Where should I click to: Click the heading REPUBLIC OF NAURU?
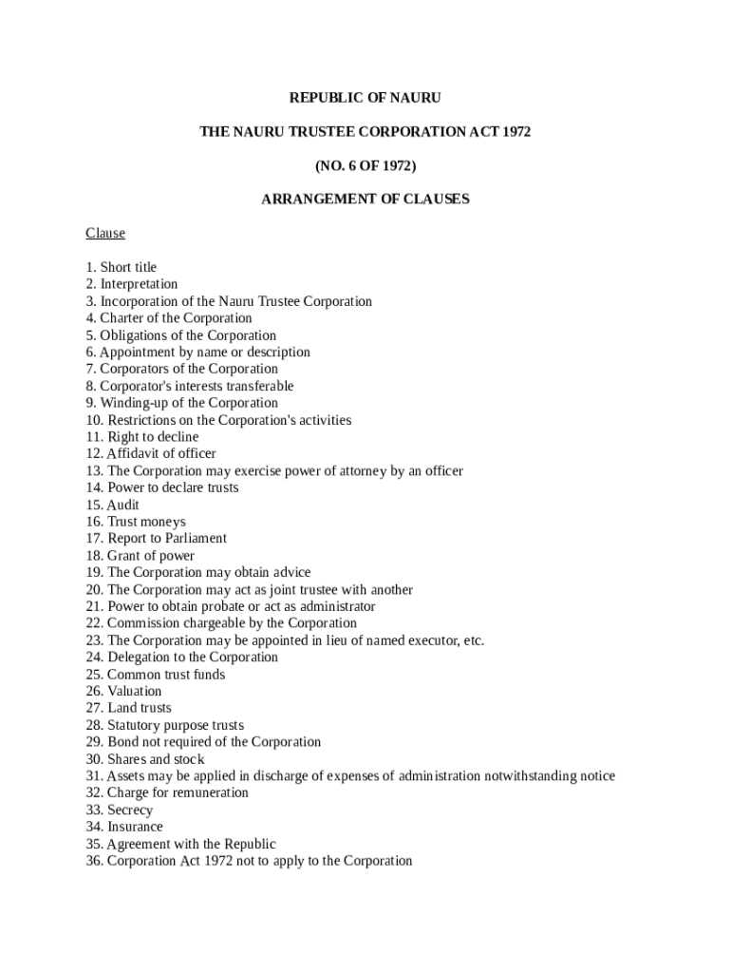click(x=365, y=98)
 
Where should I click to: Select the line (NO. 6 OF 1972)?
click(x=365, y=165)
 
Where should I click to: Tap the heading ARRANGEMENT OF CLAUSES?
click(x=365, y=200)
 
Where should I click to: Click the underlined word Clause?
click(x=105, y=233)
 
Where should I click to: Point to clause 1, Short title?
click(x=122, y=267)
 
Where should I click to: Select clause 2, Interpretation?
click(x=132, y=284)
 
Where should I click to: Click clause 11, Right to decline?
click(x=142, y=437)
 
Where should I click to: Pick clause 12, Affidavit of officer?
click(x=151, y=454)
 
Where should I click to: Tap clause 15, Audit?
click(x=113, y=506)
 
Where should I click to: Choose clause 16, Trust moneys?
click(x=136, y=522)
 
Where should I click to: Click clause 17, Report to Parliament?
click(x=157, y=539)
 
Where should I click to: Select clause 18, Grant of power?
click(x=141, y=556)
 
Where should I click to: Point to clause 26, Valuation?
click(x=123, y=692)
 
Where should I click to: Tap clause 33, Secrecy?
click(x=119, y=811)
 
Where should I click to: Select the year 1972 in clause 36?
click(x=224, y=862)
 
